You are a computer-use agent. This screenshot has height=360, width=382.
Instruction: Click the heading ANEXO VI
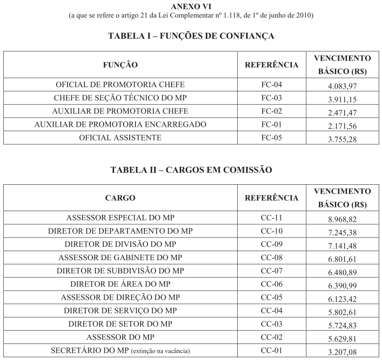191,7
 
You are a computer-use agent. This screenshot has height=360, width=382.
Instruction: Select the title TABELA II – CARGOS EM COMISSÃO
191,170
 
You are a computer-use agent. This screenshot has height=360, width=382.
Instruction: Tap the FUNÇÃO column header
120,65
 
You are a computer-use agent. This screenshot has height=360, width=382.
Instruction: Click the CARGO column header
120,198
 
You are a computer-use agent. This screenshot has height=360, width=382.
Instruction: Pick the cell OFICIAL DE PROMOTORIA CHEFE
120,85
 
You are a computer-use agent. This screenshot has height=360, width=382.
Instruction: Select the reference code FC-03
272,98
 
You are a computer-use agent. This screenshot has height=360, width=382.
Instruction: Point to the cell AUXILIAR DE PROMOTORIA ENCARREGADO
120,124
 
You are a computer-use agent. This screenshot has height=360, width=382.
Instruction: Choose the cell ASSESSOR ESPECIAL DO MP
120,218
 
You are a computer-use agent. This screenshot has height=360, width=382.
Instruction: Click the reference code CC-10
272,231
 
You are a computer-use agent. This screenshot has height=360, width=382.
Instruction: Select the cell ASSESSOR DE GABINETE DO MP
120,258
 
